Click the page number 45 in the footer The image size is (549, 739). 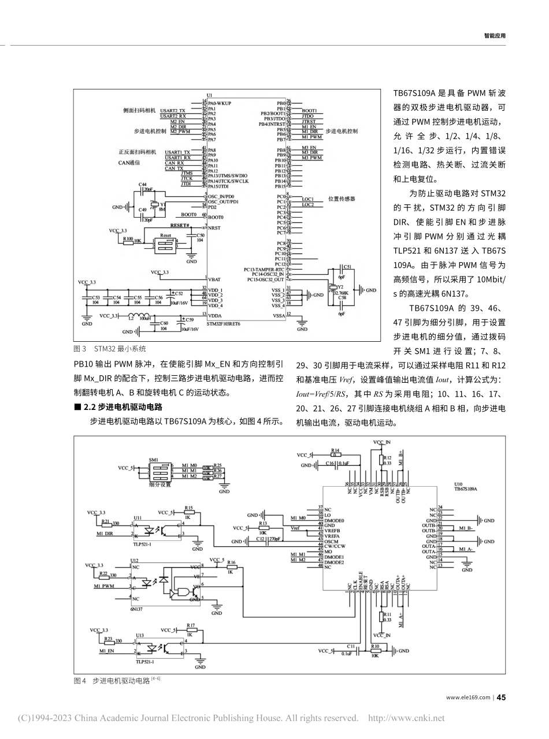501,697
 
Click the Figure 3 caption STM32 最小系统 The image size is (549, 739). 110,349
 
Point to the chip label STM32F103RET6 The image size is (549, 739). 224,324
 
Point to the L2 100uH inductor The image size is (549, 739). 142,316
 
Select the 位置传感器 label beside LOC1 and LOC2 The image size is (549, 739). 342,199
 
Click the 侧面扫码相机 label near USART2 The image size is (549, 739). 139,110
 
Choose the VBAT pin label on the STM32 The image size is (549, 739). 214,279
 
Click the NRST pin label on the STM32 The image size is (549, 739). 214,228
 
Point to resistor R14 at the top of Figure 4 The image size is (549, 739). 335,451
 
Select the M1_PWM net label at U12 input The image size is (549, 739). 105,586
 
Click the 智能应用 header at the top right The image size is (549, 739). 494,35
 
